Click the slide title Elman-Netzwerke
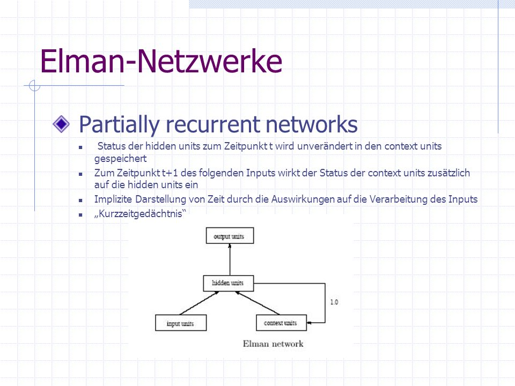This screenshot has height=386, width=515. click(x=161, y=61)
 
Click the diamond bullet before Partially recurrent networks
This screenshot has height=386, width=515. click(x=61, y=124)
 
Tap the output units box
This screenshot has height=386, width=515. click(x=230, y=236)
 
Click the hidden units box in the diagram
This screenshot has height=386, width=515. click(x=229, y=283)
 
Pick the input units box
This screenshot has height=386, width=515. click(x=181, y=323)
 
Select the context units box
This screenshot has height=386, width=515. click(x=281, y=323)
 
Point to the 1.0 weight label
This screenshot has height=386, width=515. click(x=334, y=302)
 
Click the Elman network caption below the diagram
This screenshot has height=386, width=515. click(x=273, y=344)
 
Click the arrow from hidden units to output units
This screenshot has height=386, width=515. click(x=230, y=259)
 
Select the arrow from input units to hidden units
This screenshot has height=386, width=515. click(x=199, y=303)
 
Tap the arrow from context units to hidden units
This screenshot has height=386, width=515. click(x=257, y=303)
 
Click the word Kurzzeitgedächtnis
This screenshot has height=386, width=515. click(x=140, y=214)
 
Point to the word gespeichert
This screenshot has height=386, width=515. click(x=121, y=159)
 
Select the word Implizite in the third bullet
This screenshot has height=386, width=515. click(x=113, y=199)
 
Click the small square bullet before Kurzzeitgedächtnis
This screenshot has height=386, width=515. click(x=80, y=215)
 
